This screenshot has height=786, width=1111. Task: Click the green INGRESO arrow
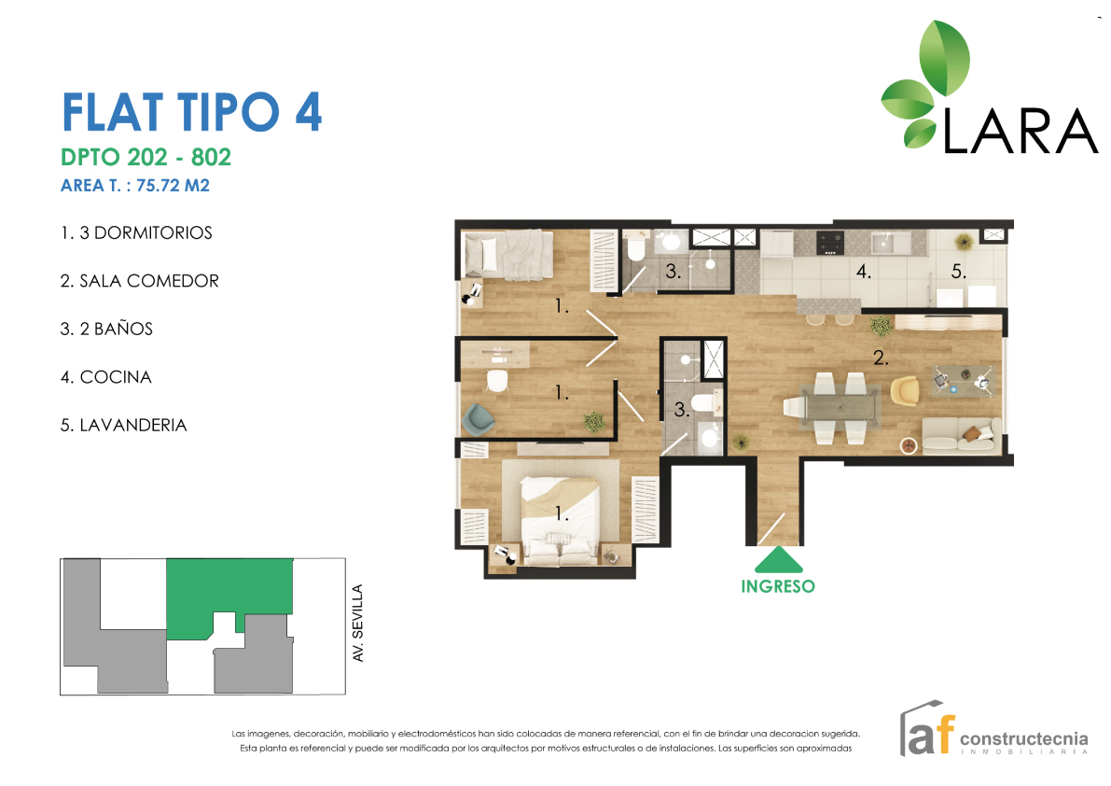(x=778, y=560)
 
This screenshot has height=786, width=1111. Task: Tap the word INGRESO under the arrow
(x=778, y=586)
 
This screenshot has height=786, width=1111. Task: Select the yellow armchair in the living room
(x=904, y=390)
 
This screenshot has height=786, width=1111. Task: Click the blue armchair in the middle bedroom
(x=479, y=418)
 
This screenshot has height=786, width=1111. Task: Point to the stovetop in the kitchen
(x=830, y=243)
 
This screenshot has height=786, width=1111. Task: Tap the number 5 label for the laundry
(x=958, y=272)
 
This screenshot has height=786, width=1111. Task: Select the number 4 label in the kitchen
(x=864, y=273)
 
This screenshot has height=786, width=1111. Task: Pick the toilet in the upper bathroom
(x=635, y=248)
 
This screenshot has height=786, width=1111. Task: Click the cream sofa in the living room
(x=961, y=435)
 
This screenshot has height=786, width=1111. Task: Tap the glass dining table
(x=837, y=407)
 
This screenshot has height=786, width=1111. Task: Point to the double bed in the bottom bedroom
(x=558, y=513)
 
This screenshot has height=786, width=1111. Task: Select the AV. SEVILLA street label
(x=357, y=623)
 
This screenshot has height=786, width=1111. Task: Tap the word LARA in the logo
(x=1021, y=132)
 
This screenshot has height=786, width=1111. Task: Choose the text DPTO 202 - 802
(x=146, y=156)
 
